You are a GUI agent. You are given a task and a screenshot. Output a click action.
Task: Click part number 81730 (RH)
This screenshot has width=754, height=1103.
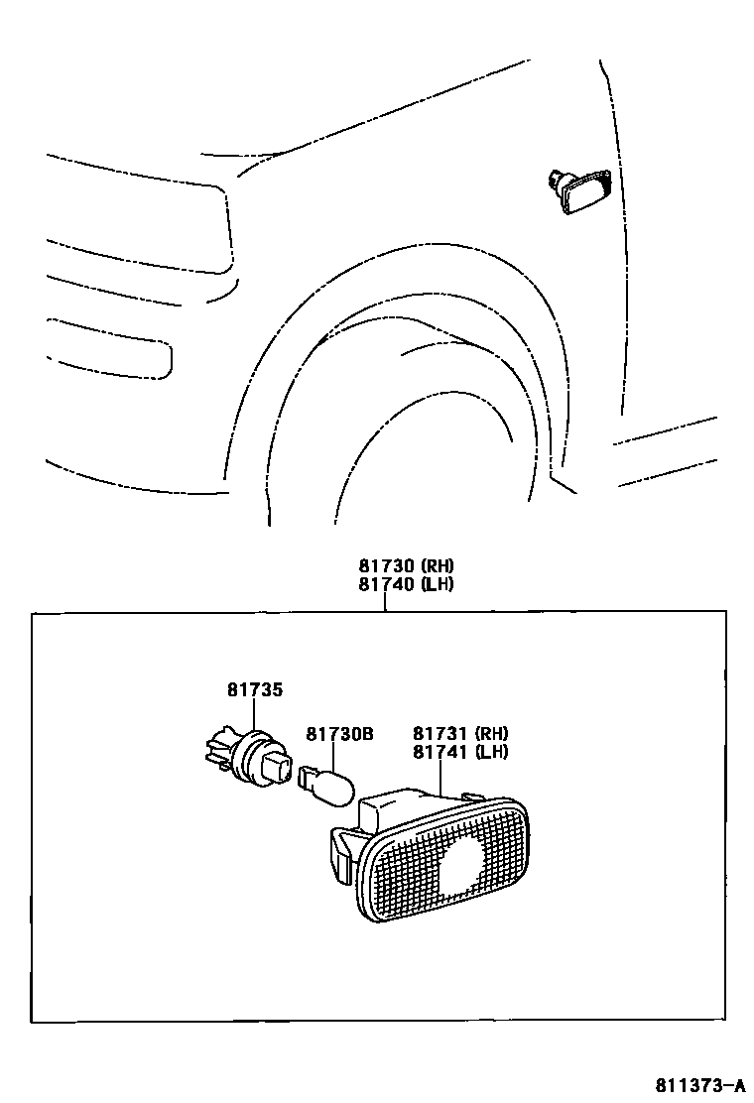406,566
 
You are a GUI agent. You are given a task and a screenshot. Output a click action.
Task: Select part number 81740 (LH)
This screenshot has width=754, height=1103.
406,584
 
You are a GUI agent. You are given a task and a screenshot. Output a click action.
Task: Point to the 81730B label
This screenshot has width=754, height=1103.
338,734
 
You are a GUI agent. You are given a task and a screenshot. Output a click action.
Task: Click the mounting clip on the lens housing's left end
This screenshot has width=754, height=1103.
339,852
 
